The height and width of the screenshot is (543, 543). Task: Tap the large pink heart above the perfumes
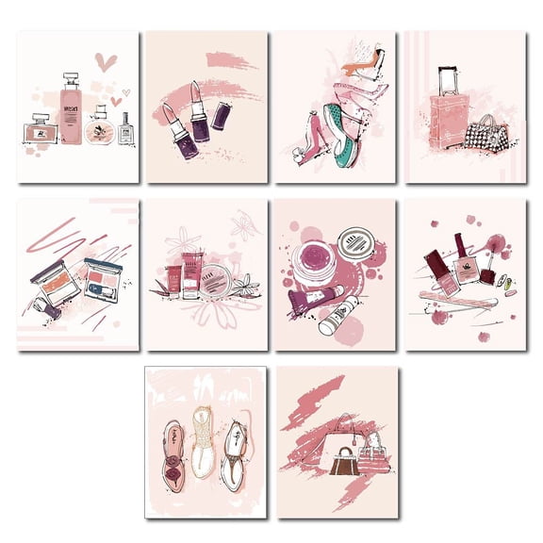107,62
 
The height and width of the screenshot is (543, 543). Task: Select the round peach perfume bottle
96,130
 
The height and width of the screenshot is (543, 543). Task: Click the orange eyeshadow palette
58,280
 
